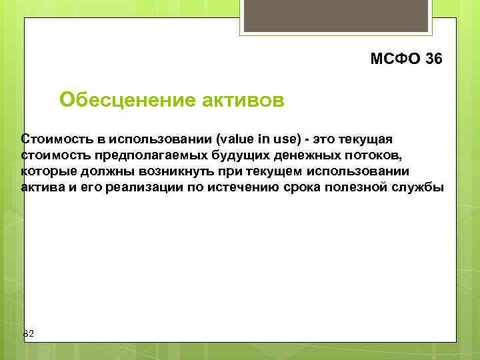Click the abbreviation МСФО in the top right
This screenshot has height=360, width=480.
[395, 59]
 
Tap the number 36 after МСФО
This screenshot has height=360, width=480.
[433, 59]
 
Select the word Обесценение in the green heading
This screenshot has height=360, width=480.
[126, 100]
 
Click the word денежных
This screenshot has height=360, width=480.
[299, 155]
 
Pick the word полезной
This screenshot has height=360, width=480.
[368, 187]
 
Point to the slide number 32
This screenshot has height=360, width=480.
[29, 333]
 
